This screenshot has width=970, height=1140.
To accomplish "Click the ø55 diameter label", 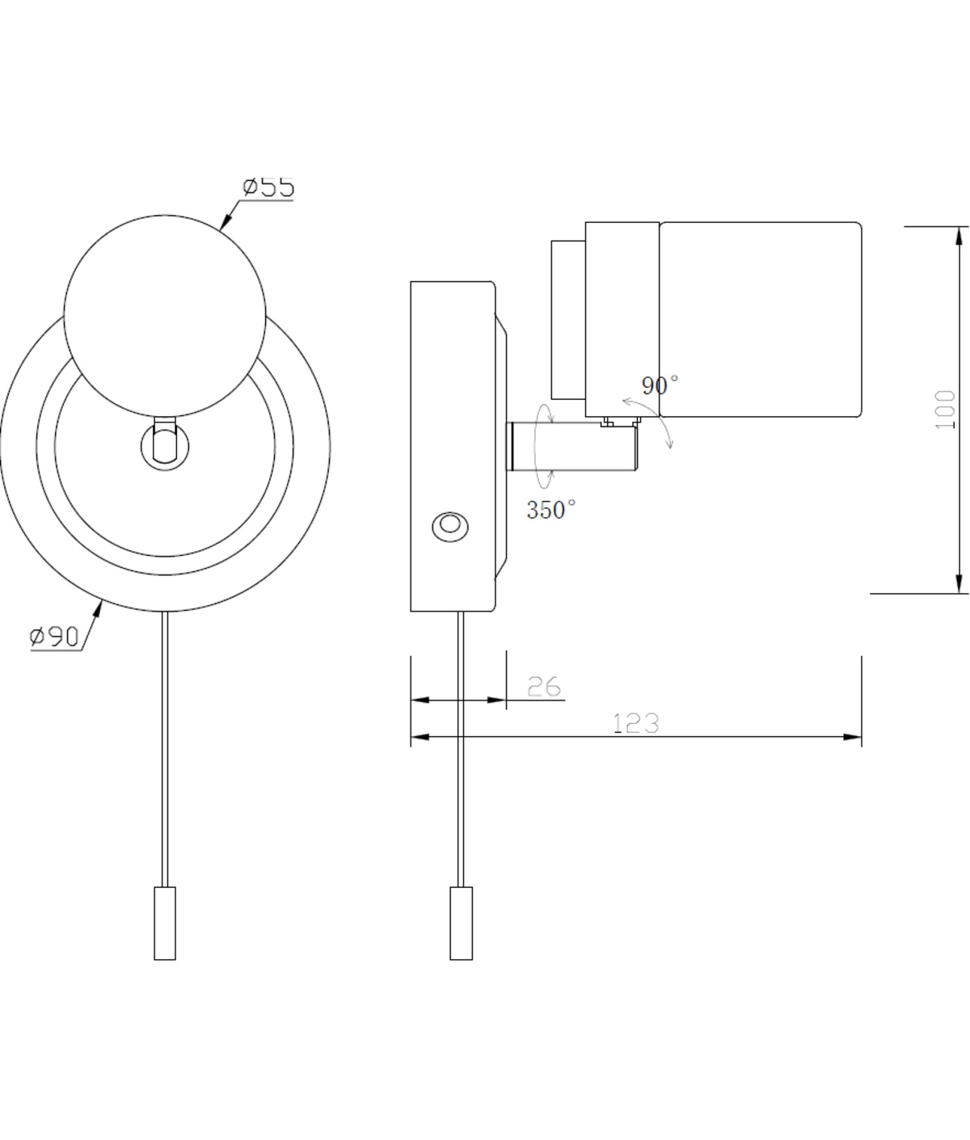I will [x=268, y=187].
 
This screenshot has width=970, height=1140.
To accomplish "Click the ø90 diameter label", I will [x=55, y=637].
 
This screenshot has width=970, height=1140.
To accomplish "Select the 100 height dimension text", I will [x=944, y=410].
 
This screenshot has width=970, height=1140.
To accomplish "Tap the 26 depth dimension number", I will [x=544, y=687].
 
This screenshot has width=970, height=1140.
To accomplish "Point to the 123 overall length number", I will [x=636, y=723].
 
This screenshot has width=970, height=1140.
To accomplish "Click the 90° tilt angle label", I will [x=660, y=385].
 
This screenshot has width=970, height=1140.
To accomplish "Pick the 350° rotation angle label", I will [x=551, y=510].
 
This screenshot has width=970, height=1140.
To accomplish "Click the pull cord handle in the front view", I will [x=165, y=923].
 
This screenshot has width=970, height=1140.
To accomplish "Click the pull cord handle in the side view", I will [x=461, y=923].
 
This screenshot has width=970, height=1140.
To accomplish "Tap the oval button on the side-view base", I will [x=449, y=527].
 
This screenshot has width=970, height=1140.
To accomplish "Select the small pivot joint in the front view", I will [x=165, y=442].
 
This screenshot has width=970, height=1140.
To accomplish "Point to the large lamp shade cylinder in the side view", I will [x=760, y=320].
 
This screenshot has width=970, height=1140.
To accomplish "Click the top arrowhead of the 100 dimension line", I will [x=959, y=237].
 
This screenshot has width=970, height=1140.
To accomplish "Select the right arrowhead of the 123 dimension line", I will [x=852, y=737].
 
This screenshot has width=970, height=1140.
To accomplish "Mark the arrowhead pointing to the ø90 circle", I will [x=99, y=610].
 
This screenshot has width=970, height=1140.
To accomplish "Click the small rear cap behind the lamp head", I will [x=567, y=319].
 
